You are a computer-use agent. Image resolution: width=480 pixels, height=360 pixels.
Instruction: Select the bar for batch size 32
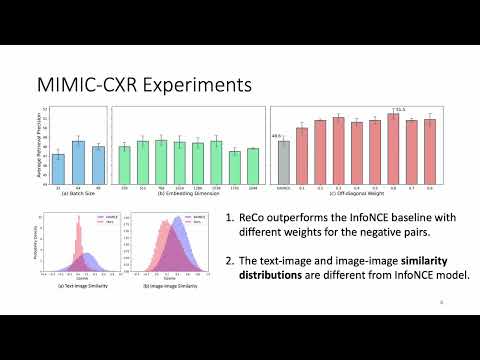pyautogui.click(x=58, y=159)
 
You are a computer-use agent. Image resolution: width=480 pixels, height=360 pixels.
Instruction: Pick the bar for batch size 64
pyautogui.click(x=78, y=153)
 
